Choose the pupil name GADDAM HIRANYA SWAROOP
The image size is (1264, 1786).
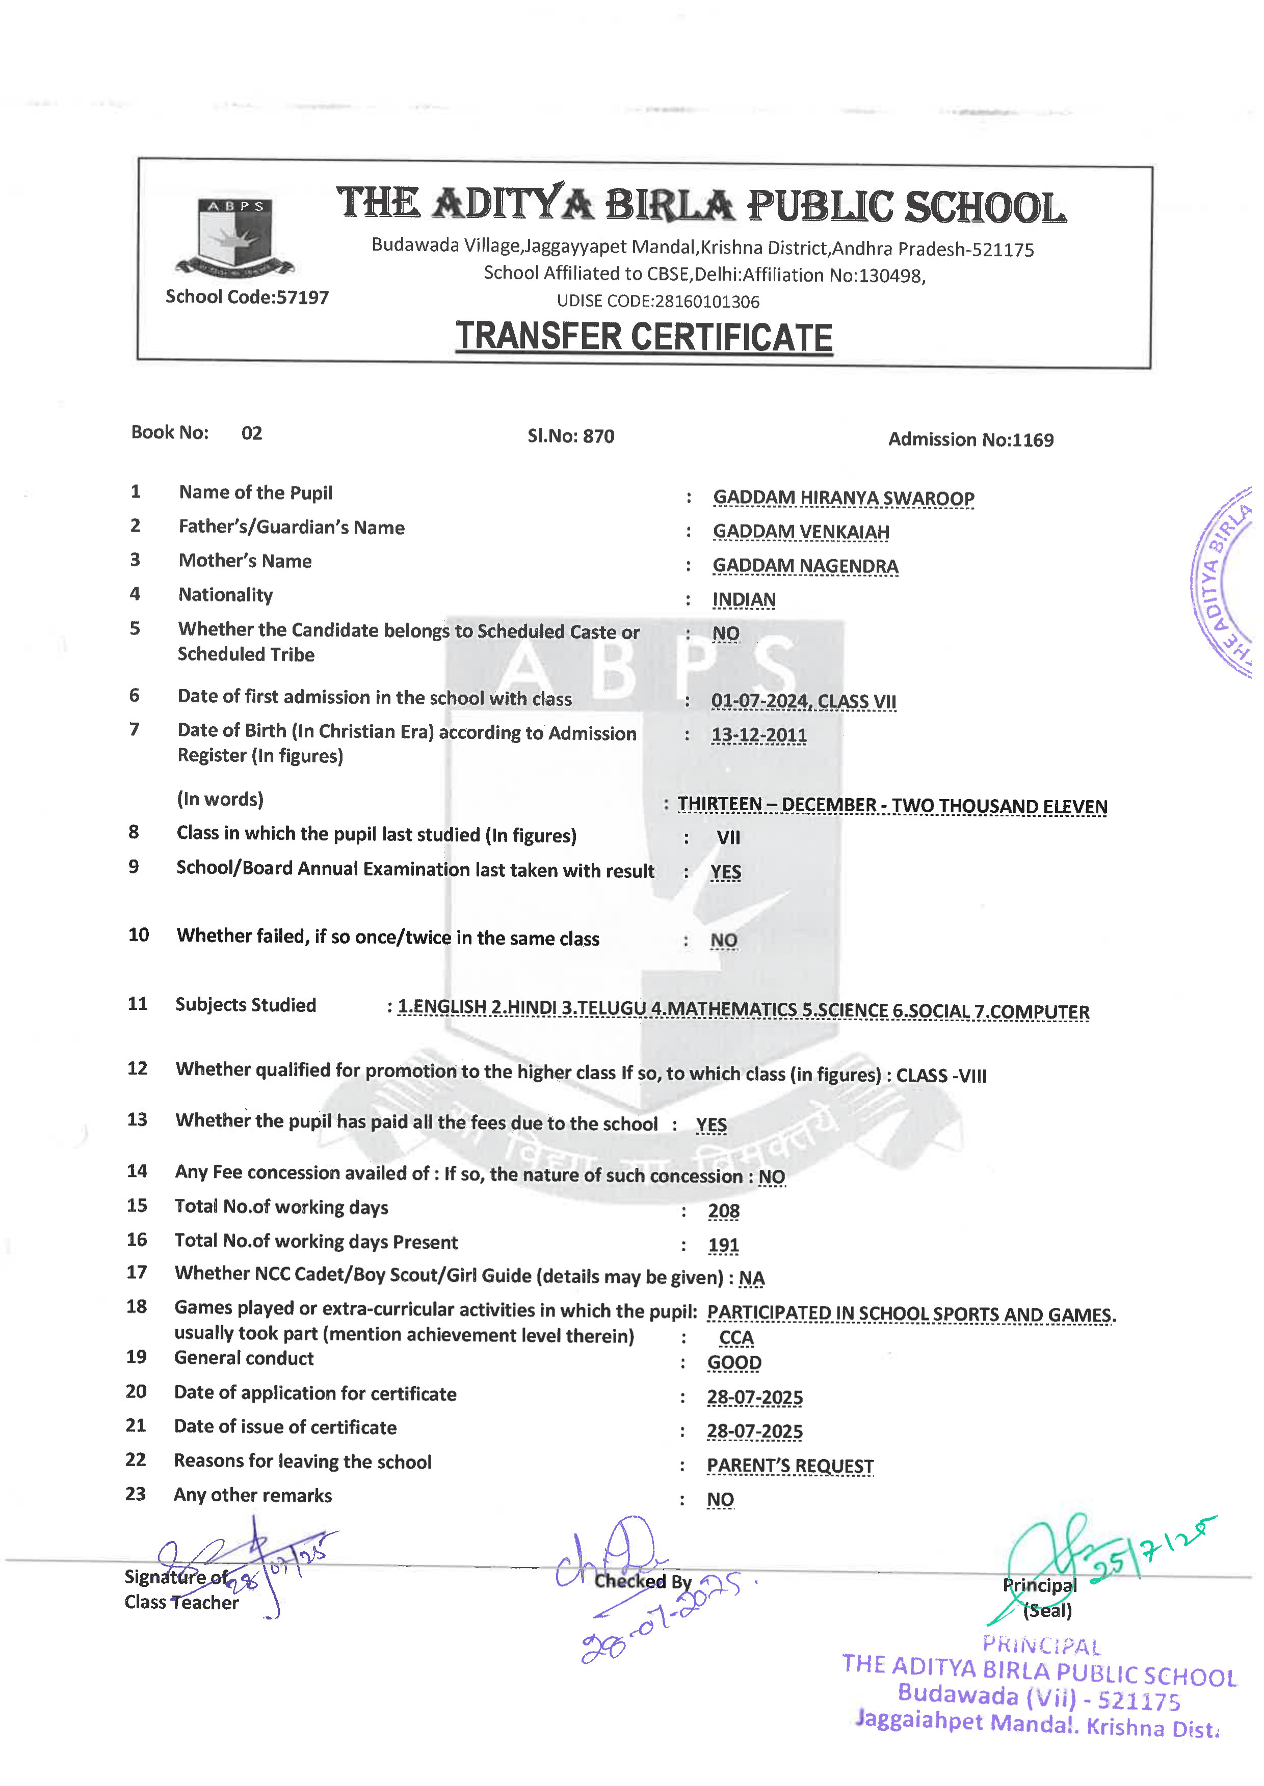[843, 498]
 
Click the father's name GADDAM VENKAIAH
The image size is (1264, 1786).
[801, 532]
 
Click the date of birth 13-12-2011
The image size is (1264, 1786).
[759, 735]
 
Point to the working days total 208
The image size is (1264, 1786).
[723, 1211]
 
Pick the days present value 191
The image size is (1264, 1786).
[723, 1245]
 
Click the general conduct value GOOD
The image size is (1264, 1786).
[734, 1363]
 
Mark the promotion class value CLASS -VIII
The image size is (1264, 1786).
[941, 1076]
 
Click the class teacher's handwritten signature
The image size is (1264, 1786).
[241, 1563]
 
